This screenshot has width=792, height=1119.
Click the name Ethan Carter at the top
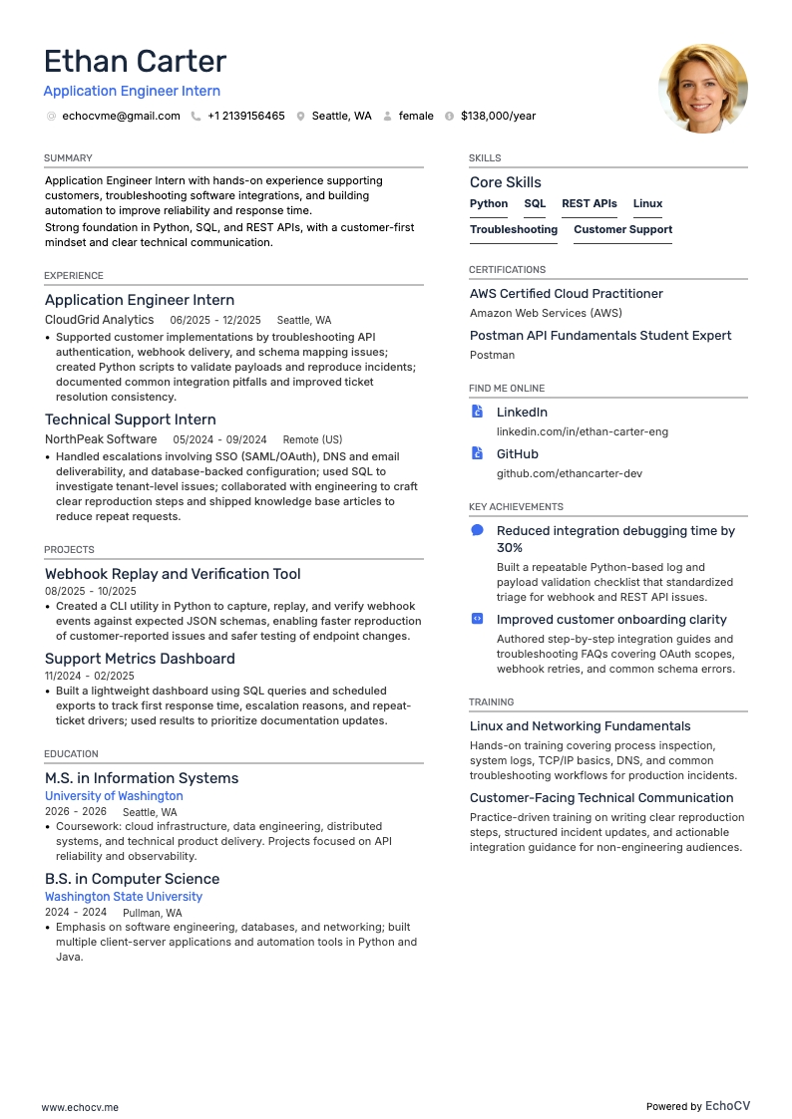(135, 62)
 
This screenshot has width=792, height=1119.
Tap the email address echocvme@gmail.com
(121, 116)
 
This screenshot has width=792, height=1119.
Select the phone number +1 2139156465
(245, 116)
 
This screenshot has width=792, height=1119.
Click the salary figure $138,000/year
(498, 116)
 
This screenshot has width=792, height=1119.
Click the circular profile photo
(703, 88)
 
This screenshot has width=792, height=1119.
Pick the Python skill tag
(489, 203)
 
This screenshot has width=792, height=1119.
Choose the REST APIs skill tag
(589, 203)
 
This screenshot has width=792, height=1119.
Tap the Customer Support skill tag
(622, 229)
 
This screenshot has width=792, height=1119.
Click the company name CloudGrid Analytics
(99, 320)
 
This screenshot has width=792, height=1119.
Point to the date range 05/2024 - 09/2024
(219, 439)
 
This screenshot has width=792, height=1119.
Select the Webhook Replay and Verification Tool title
(173, 574)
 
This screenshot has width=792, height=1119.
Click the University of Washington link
(114, 796)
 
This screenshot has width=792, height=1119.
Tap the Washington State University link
(124, 897)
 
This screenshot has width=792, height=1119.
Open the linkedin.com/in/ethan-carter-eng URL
(583, 431)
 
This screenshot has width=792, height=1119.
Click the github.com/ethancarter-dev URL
(570, 473)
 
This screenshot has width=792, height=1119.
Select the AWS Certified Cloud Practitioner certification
(566, 294)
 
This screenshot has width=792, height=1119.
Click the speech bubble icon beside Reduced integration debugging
(477, 531)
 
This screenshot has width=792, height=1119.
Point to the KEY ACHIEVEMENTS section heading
(516, 507)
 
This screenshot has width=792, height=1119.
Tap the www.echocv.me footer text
(80, 1107)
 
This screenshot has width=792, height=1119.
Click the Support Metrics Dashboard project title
(140, 659)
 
